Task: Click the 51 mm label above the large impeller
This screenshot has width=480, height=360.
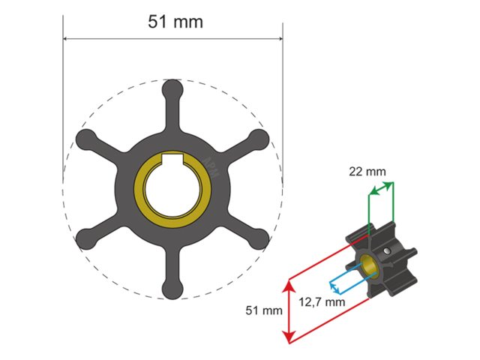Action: [175, 22]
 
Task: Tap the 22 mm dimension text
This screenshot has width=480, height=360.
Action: [368, 172]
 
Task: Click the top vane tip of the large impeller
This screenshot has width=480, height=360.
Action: [172, 89]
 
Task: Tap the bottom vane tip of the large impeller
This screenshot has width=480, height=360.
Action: [172, 286]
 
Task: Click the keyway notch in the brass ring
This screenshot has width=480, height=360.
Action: [173, 160]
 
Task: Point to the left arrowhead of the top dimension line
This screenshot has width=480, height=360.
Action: [66, 38]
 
